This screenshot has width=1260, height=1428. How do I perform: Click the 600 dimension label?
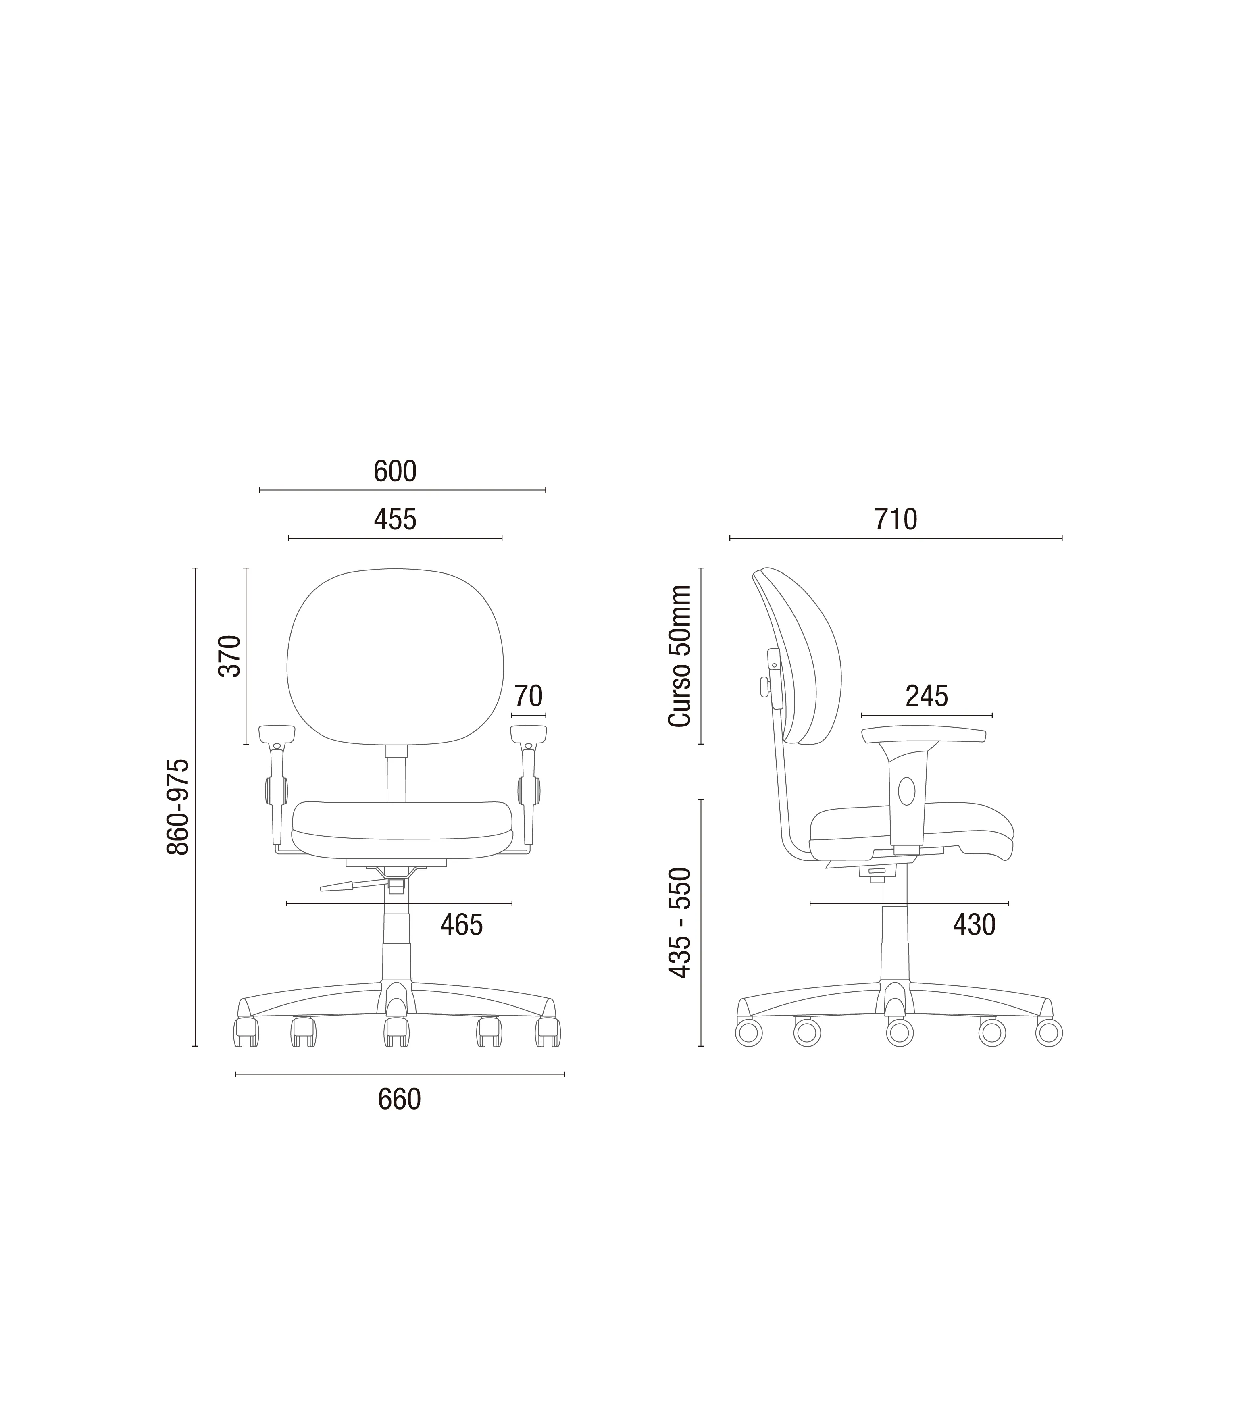[x=395, y=472]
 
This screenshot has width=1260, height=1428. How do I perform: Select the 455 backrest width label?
[x=395, y=519]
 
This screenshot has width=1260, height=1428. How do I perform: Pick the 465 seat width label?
[x=461, y=925]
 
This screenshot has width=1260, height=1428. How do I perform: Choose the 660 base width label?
[x=399, y=1100]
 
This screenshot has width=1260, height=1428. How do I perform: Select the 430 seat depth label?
[x=974, y=925]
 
